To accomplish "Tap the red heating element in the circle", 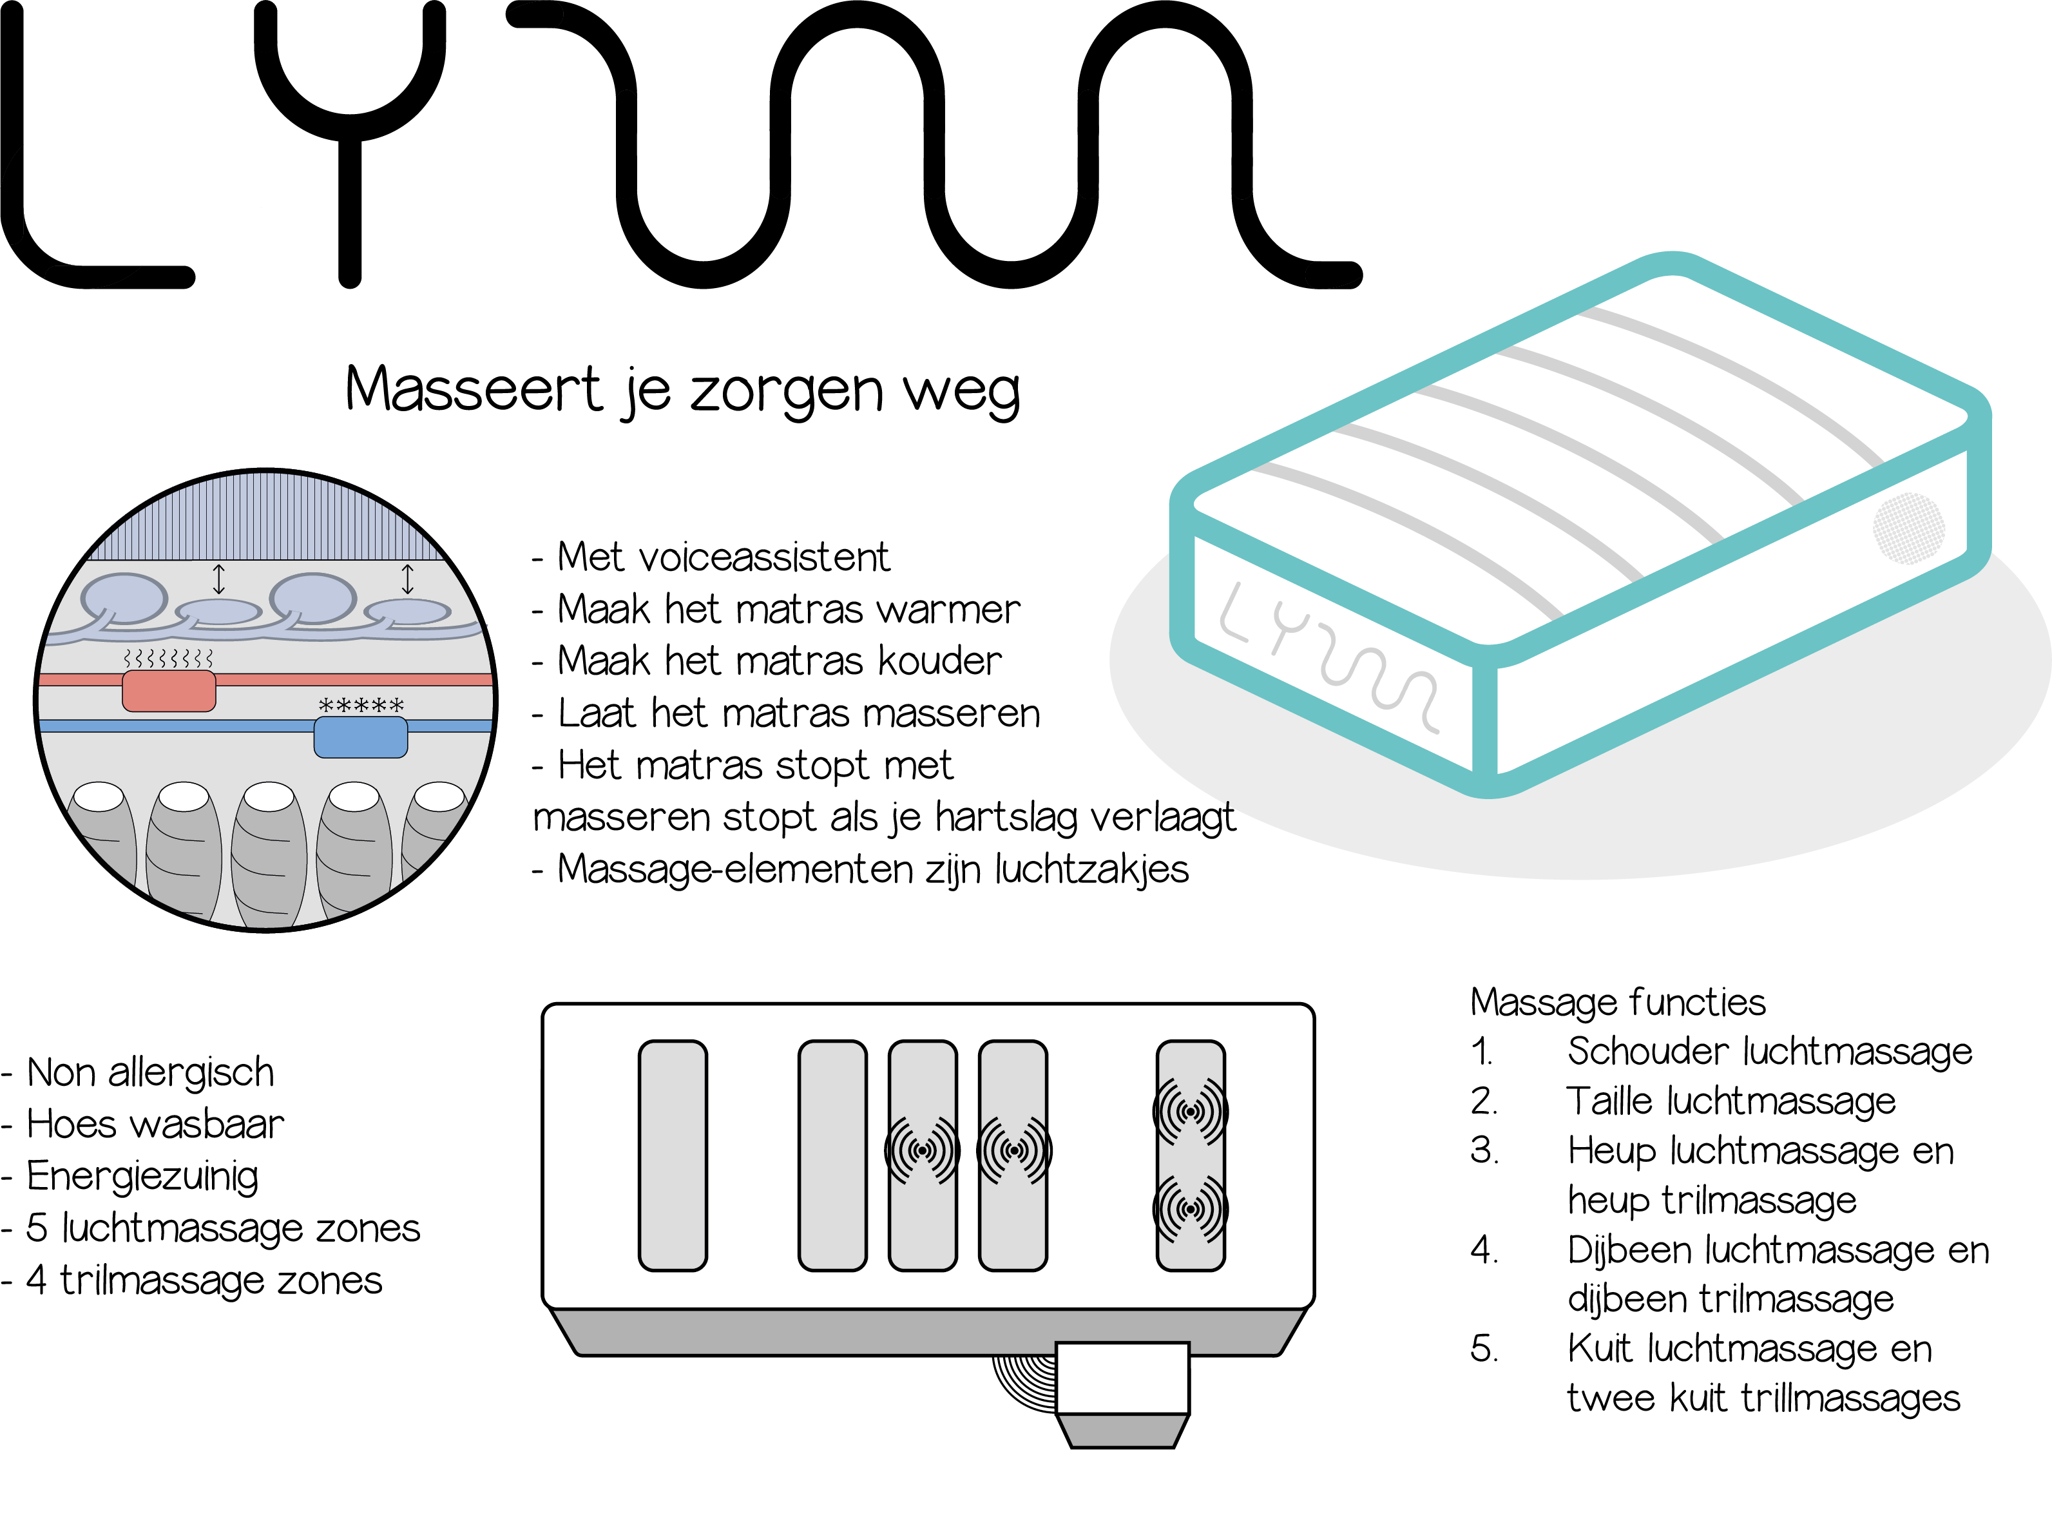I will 169,691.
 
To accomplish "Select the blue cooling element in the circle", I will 360,737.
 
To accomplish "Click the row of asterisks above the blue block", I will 361,706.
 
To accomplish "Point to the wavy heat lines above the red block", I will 168,658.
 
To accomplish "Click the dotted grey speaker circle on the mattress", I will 1908,528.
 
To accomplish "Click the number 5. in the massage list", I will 1483,1349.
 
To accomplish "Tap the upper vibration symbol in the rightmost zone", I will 1191,1110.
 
